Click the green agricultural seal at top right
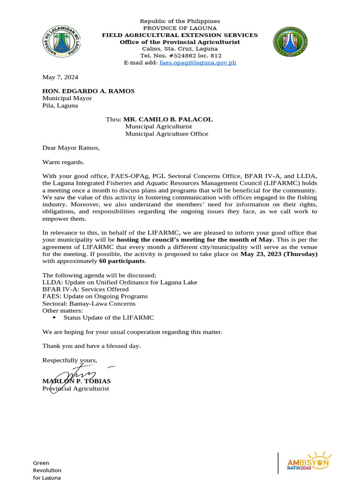(290, 42)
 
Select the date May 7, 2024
(60, 77)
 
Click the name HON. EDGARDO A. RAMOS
(88, 91)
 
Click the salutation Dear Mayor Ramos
(71, 148)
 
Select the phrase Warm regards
(63, 162)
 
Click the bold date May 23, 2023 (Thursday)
(279, 254)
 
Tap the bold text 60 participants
(122, 261)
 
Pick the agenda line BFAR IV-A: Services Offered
(85, 289)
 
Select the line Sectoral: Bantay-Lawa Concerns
(89, 303)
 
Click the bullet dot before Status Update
(54, 318)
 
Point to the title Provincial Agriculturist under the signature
(75, 389)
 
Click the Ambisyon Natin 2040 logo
(307, 462)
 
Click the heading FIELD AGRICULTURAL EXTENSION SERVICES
(180, 35)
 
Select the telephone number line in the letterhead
(180, 56)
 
